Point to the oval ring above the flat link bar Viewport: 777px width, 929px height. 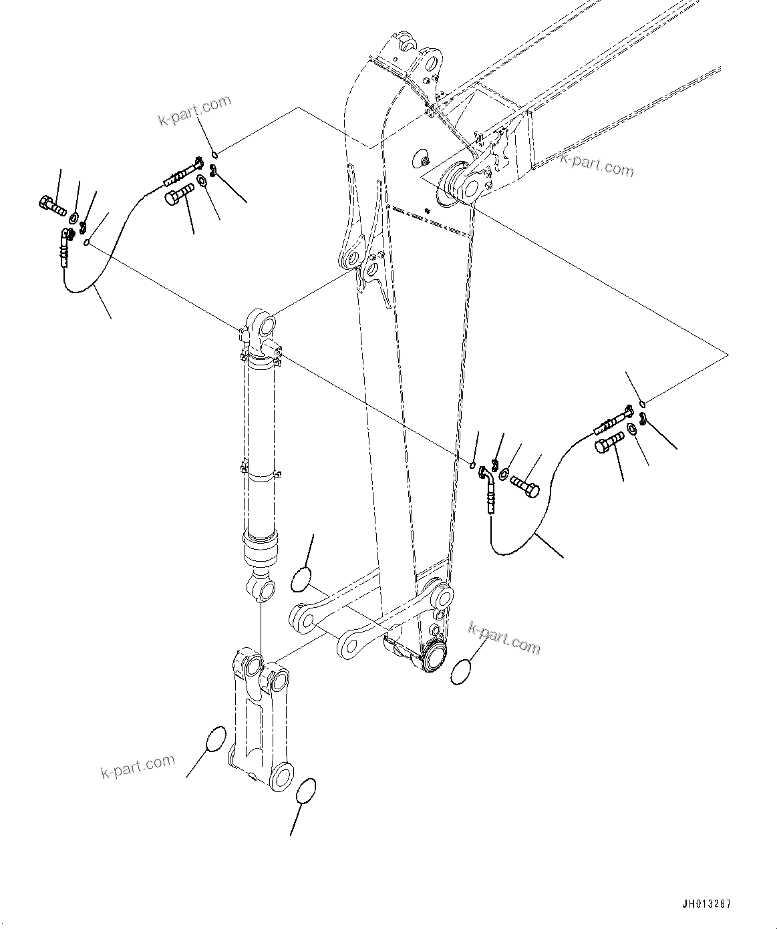[301, 578]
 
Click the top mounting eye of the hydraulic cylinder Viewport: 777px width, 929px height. [265, 326]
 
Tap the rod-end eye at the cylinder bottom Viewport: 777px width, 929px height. [263, 590]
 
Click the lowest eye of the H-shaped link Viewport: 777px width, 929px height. [281, 776]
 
